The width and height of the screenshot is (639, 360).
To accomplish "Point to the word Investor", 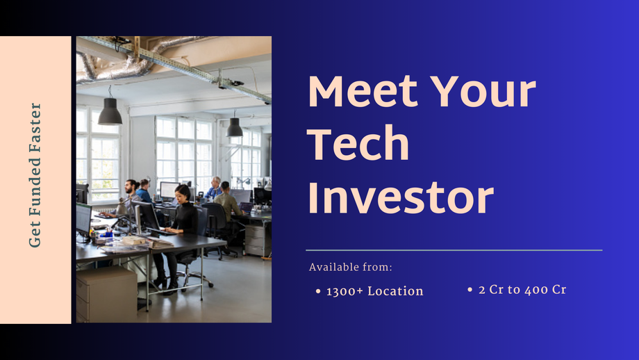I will [400, 197].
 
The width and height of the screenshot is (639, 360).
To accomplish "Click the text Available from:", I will [351, 267].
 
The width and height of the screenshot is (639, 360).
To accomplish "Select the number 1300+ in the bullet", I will [345, 291].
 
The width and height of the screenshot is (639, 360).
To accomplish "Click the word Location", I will [395, 291].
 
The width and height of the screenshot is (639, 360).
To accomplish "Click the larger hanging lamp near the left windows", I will [110, 113].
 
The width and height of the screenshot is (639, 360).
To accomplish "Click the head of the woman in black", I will [183, 193].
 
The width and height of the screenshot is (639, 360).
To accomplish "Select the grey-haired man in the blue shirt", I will [215, 187].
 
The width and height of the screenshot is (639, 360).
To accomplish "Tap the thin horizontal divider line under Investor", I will [454, 249].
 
